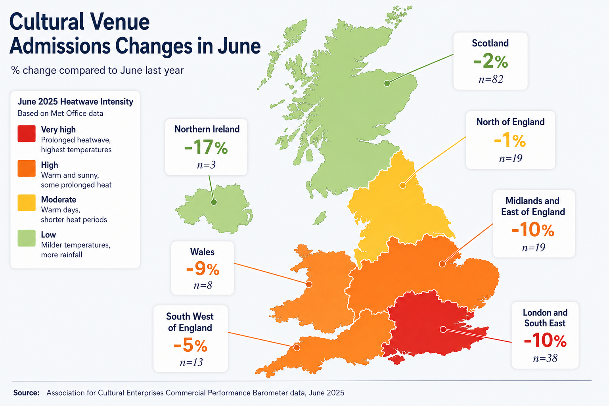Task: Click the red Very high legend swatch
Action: tap(27, 134)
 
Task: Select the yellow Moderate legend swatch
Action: tap(27, 203)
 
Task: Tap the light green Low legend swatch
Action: tap(27, 238)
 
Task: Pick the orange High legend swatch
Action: tap(27, 169)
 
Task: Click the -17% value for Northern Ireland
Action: tap(206, 147)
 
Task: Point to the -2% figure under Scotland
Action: tap(491, 61)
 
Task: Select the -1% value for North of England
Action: tap(510, 141)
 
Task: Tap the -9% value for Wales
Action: tap(203, 269)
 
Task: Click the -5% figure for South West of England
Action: tap(191, 345)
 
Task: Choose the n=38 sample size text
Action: tap(545, 358)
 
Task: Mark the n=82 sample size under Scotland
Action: tap(491, 79)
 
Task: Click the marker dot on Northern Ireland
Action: tap(214, 202)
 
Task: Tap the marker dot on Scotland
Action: tap(387, 84)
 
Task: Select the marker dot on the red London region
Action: tap(443, 329)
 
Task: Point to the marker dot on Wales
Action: tap(309, 284)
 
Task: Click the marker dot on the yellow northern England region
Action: tap(403, 186)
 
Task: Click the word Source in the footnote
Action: tap(27, 393)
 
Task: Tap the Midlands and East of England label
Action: tap(533, 206)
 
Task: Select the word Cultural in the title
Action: tap(46, 21)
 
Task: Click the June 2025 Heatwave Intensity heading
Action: tap(75, 102)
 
